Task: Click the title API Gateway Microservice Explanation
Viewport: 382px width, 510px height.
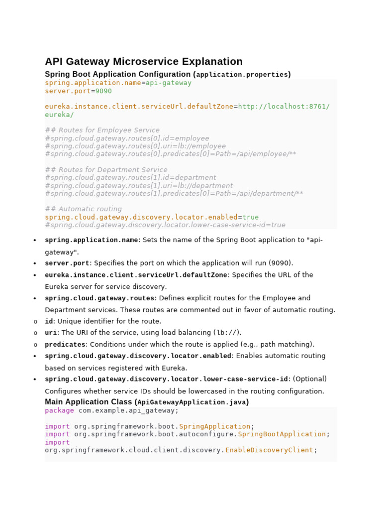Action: [x=144, y=62]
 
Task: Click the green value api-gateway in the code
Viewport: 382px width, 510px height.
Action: [x=168, y=83]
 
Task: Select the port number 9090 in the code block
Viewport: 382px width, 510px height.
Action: [x=103, y=91]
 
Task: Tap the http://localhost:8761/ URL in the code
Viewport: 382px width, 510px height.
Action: [x=284, y=107]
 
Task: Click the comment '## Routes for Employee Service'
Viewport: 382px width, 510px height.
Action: [x=102, y=130]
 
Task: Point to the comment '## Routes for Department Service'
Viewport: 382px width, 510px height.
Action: [x=106, y=170]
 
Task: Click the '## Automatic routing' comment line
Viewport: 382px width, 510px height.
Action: [x=83, y=209]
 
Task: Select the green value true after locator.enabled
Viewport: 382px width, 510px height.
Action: [x=250, y=217]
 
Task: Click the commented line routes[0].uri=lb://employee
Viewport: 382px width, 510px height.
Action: [x=135, y=146]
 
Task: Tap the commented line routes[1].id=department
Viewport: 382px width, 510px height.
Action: [x=130, y=178]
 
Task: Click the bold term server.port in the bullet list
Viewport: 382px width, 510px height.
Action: [x=67, y=263]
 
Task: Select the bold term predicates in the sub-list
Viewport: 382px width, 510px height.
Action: [x=65, y=345]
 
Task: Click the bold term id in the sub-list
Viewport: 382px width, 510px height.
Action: [x=49, y=322]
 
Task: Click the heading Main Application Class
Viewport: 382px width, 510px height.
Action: [x=89, y=402]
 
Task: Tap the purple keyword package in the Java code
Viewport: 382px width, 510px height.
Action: [x=59, y=410]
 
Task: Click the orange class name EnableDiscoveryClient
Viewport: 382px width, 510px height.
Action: [x=269, y=450]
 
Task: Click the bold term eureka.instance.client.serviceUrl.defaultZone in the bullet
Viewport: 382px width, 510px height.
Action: [x=136, y=275]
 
